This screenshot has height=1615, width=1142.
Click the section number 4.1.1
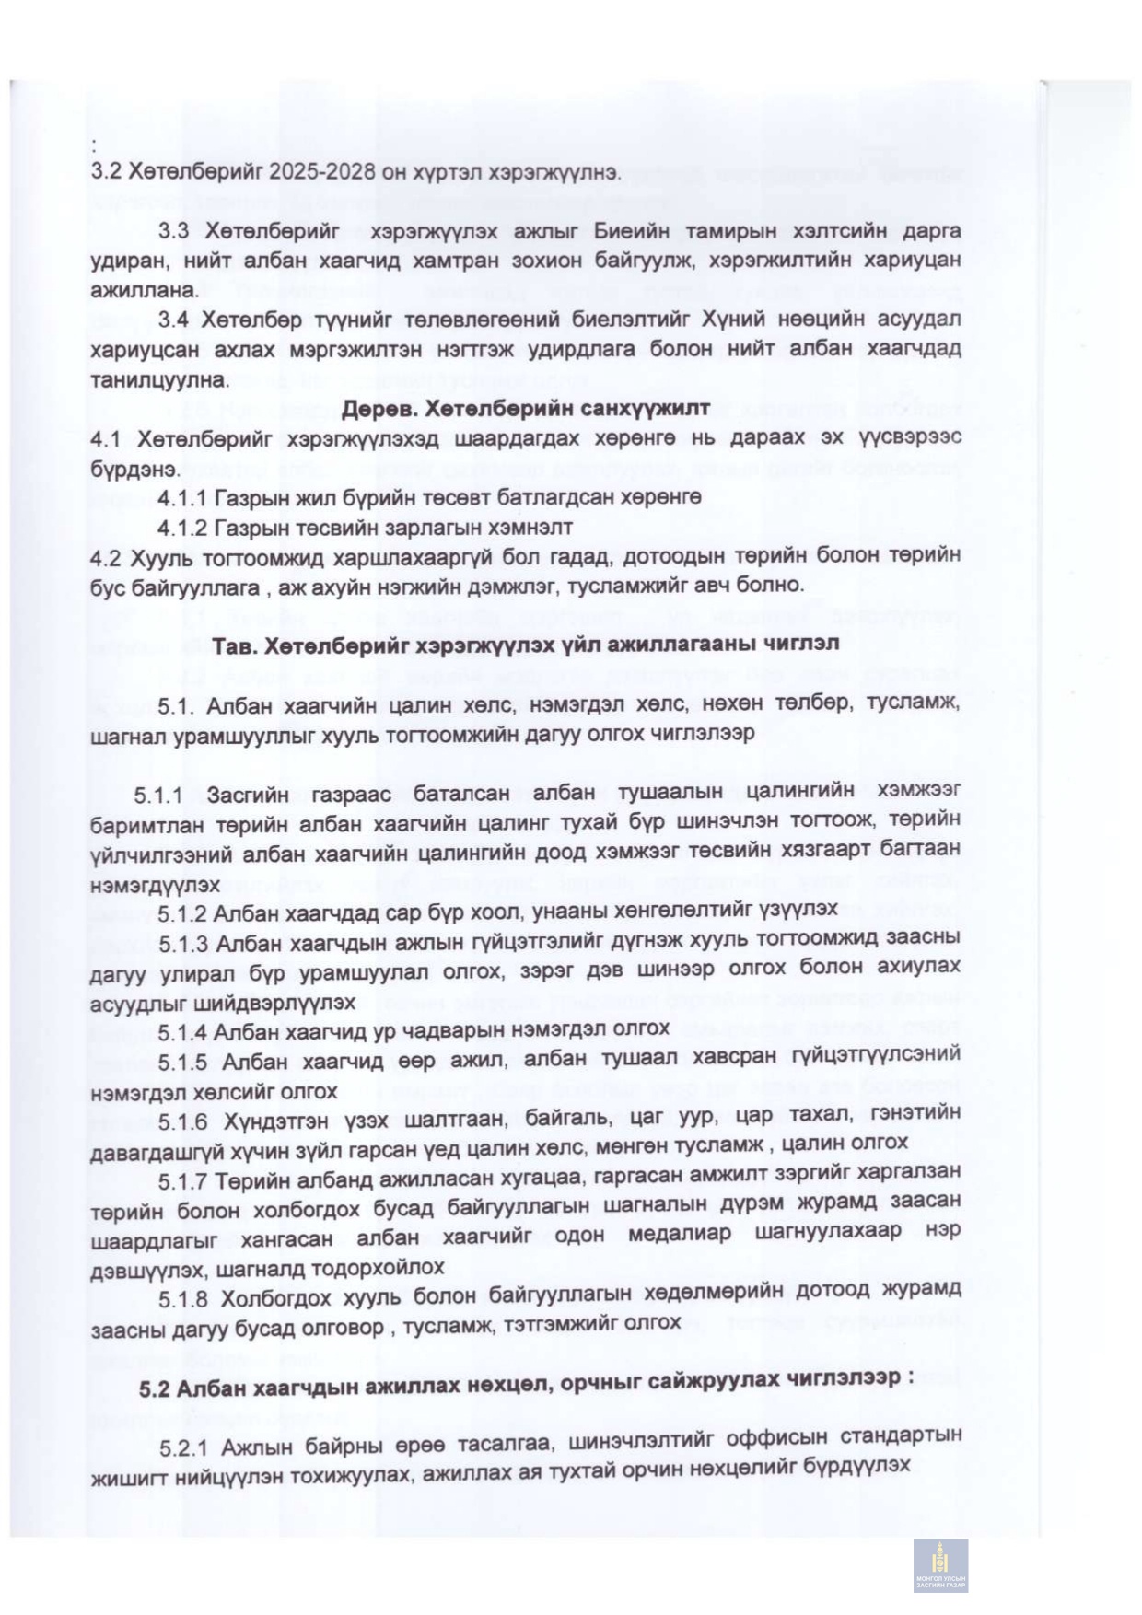181,497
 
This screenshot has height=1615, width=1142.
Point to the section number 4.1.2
181,528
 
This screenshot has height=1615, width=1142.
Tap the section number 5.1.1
158,793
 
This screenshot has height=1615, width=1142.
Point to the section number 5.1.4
181,1030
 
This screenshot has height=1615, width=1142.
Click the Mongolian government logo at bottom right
940,1565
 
